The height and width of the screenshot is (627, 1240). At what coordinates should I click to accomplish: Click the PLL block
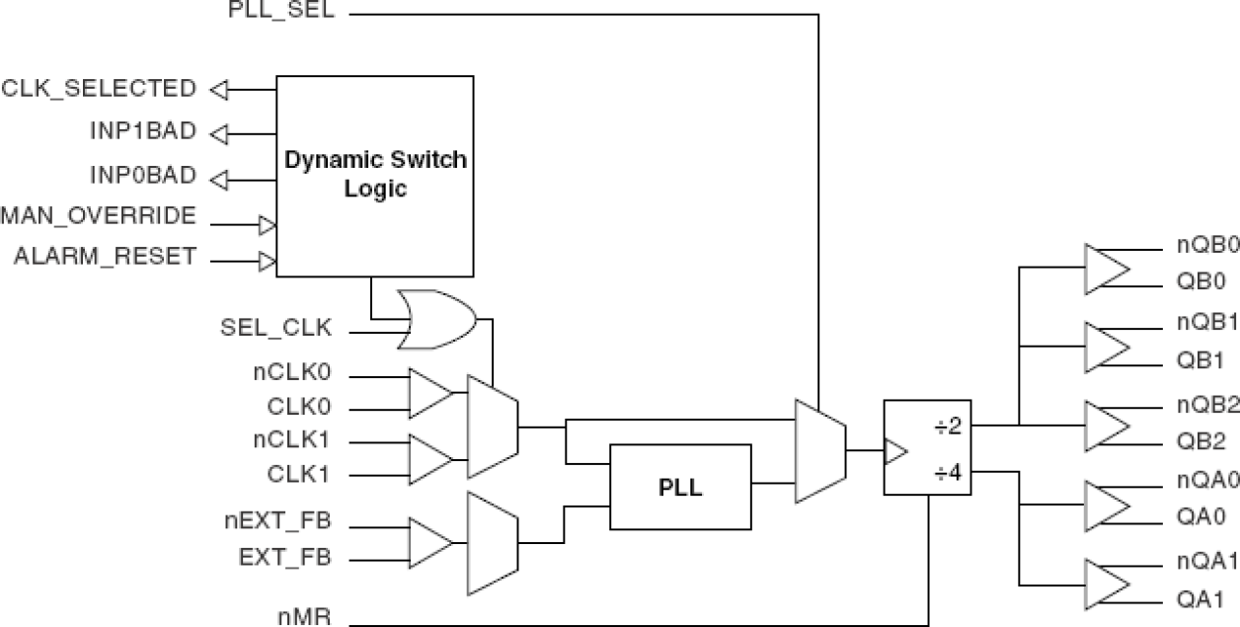[680, 489]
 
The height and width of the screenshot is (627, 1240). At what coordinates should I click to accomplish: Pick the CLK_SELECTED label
[99, 88]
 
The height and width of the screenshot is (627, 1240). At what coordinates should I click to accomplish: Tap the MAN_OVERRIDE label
[99, 215]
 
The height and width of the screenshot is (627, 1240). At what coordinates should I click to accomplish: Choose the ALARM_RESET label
[105, 257]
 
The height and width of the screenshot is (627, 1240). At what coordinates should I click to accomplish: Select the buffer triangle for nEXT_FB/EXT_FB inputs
[429, 542]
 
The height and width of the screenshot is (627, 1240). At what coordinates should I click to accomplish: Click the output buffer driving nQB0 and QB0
[1106, 269]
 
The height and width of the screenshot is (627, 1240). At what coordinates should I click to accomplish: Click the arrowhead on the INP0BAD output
[219, 178]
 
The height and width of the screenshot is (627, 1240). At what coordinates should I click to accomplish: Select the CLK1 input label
[299, 474]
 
